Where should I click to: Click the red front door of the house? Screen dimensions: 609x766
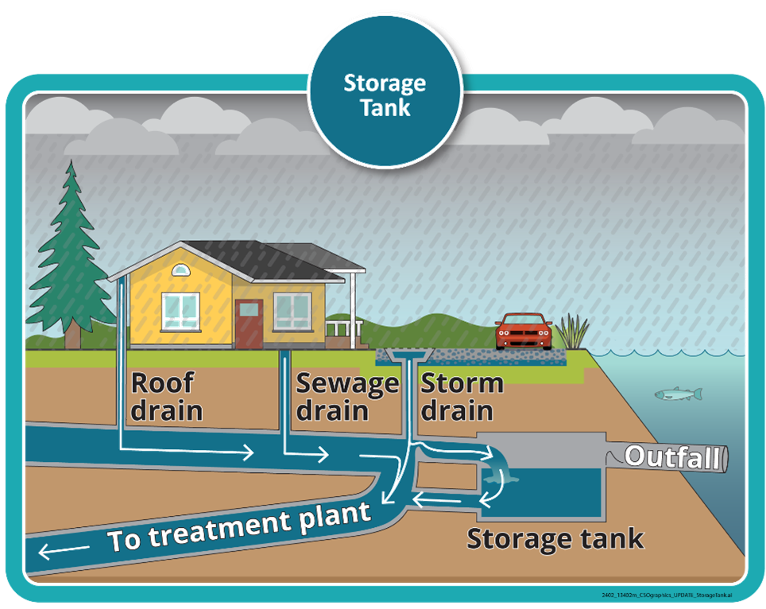pos(248,324)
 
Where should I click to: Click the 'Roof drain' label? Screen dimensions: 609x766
pos(165,396)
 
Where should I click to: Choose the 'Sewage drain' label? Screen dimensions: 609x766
pos(346,398)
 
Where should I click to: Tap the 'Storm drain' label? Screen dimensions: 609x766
pos(461,396)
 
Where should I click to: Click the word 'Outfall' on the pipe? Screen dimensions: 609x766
pos(675,457)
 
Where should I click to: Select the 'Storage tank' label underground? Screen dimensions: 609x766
pos(554,538)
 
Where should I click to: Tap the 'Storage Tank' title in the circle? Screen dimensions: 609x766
pos(385,95)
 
